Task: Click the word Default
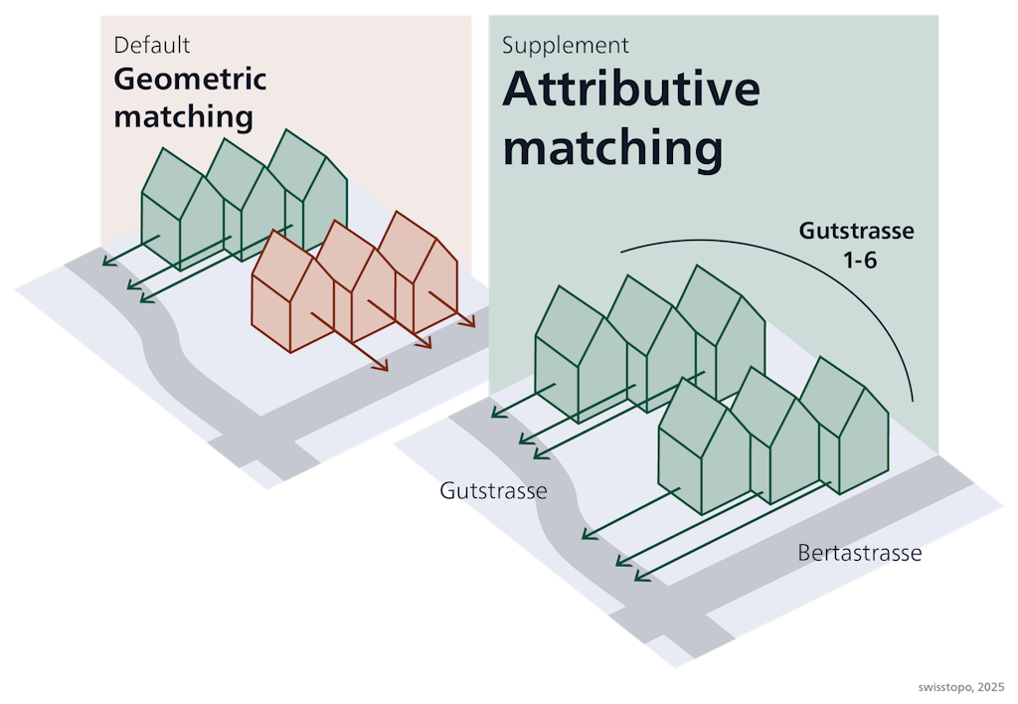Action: [x=151, y=45]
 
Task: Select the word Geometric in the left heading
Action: [x=190, y=80]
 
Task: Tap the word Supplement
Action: [x=565, y=46]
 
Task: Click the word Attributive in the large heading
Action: [x=630, y=90]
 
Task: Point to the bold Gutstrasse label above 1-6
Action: [x=856, y=232]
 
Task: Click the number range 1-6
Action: [x=857, y=260]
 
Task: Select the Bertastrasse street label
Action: [x=859, y=553]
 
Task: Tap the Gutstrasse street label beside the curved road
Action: [x=494, y=491]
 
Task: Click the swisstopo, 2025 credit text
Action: [x=961, y=687]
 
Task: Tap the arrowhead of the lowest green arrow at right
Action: [x=637, y=576]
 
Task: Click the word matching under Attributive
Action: [x=611, y=149]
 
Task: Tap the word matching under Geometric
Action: [x=183, y=116]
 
